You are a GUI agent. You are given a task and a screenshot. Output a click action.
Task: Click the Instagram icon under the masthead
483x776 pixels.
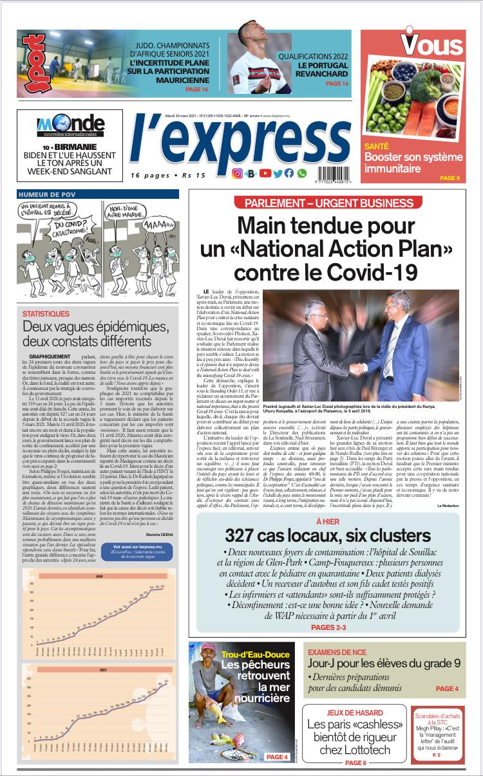click(x=237, y=173)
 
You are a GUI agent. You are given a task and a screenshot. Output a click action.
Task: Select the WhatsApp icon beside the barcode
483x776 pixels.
click(x=302, y=173)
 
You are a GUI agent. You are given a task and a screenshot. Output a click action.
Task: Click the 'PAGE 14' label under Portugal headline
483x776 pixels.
click(x=337, y=84)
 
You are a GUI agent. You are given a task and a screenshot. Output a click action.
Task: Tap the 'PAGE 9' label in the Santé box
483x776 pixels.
click(x=449, y=178)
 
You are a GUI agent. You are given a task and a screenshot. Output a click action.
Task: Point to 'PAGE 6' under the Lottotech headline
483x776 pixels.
click(x=355, y=762)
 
